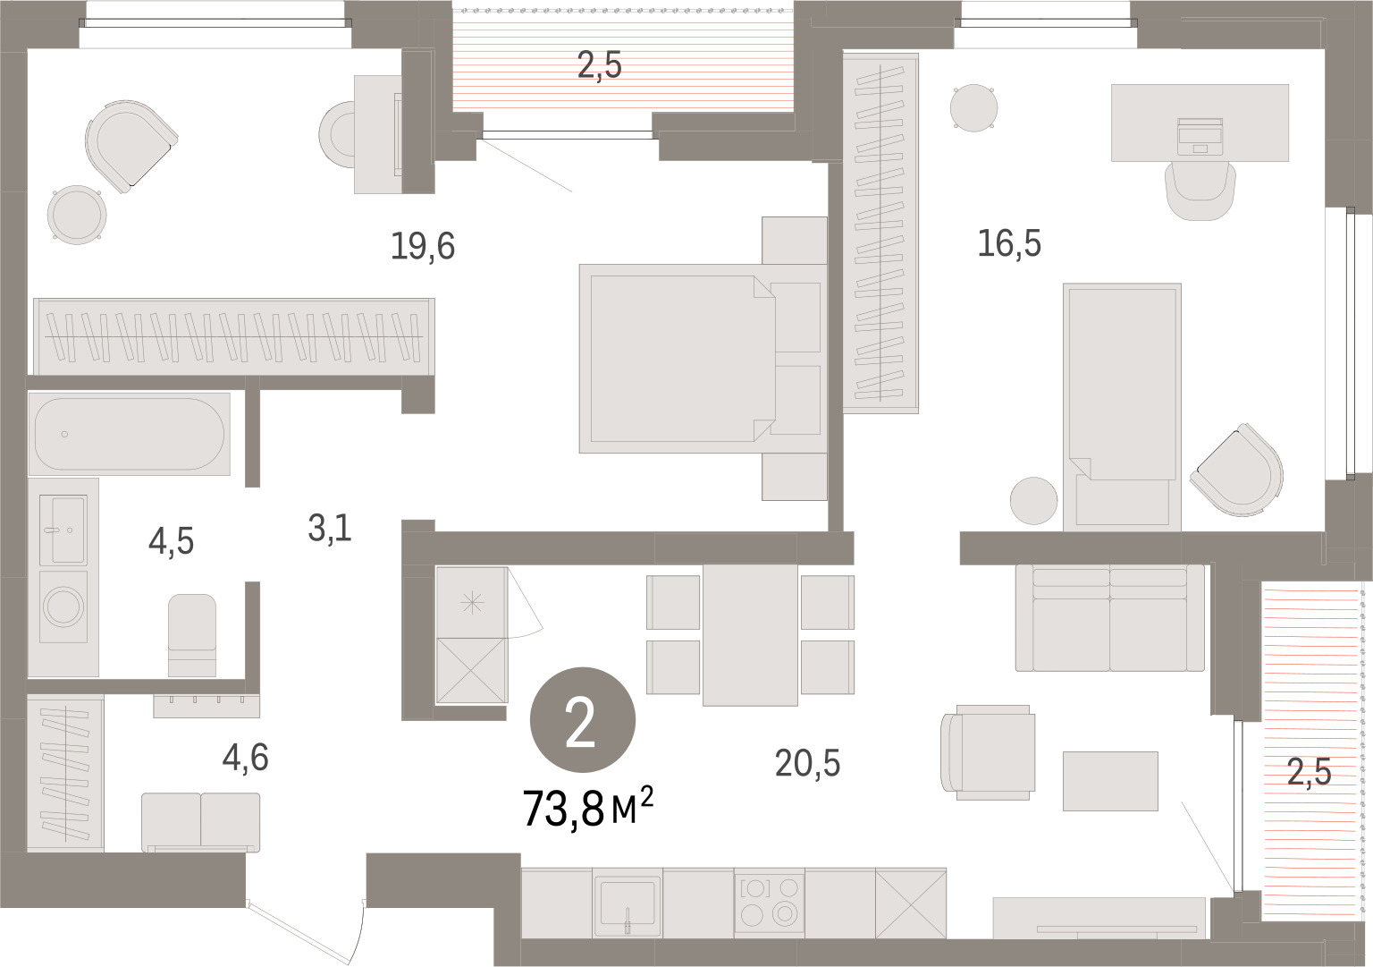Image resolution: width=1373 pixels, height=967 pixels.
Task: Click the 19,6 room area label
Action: click(x=422, y=246)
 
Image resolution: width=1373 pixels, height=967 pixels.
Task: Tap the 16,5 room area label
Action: click(x=1009, y=243)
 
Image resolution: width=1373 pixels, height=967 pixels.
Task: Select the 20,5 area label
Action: click(x=807, y=764)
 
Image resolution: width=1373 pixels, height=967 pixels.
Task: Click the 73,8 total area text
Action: click(x=564, y=809)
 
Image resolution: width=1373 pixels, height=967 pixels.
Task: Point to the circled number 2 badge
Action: click(x=582, y=719)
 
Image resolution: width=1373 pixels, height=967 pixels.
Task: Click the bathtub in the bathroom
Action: click(x=129, y=434)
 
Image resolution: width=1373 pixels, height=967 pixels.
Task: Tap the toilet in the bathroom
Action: click(x=192, y=635)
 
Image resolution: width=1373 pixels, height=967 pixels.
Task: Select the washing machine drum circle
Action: click(x=63, y=606)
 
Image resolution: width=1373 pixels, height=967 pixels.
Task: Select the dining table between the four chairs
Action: click(x=750, y=634)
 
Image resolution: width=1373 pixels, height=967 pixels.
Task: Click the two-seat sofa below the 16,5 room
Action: click(x=1109, y=618)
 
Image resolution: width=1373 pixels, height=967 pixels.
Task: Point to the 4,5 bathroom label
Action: click(x=171, y=542)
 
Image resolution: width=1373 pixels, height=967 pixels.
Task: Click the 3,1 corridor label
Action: click(x=330, y=528)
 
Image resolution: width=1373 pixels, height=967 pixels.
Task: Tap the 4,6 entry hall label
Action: click(x=245, y=757)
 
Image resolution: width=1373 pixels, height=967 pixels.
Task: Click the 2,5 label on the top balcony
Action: click(x=600, y=65)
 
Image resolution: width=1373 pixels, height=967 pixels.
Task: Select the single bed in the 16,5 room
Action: click(x=1122, y=407)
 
